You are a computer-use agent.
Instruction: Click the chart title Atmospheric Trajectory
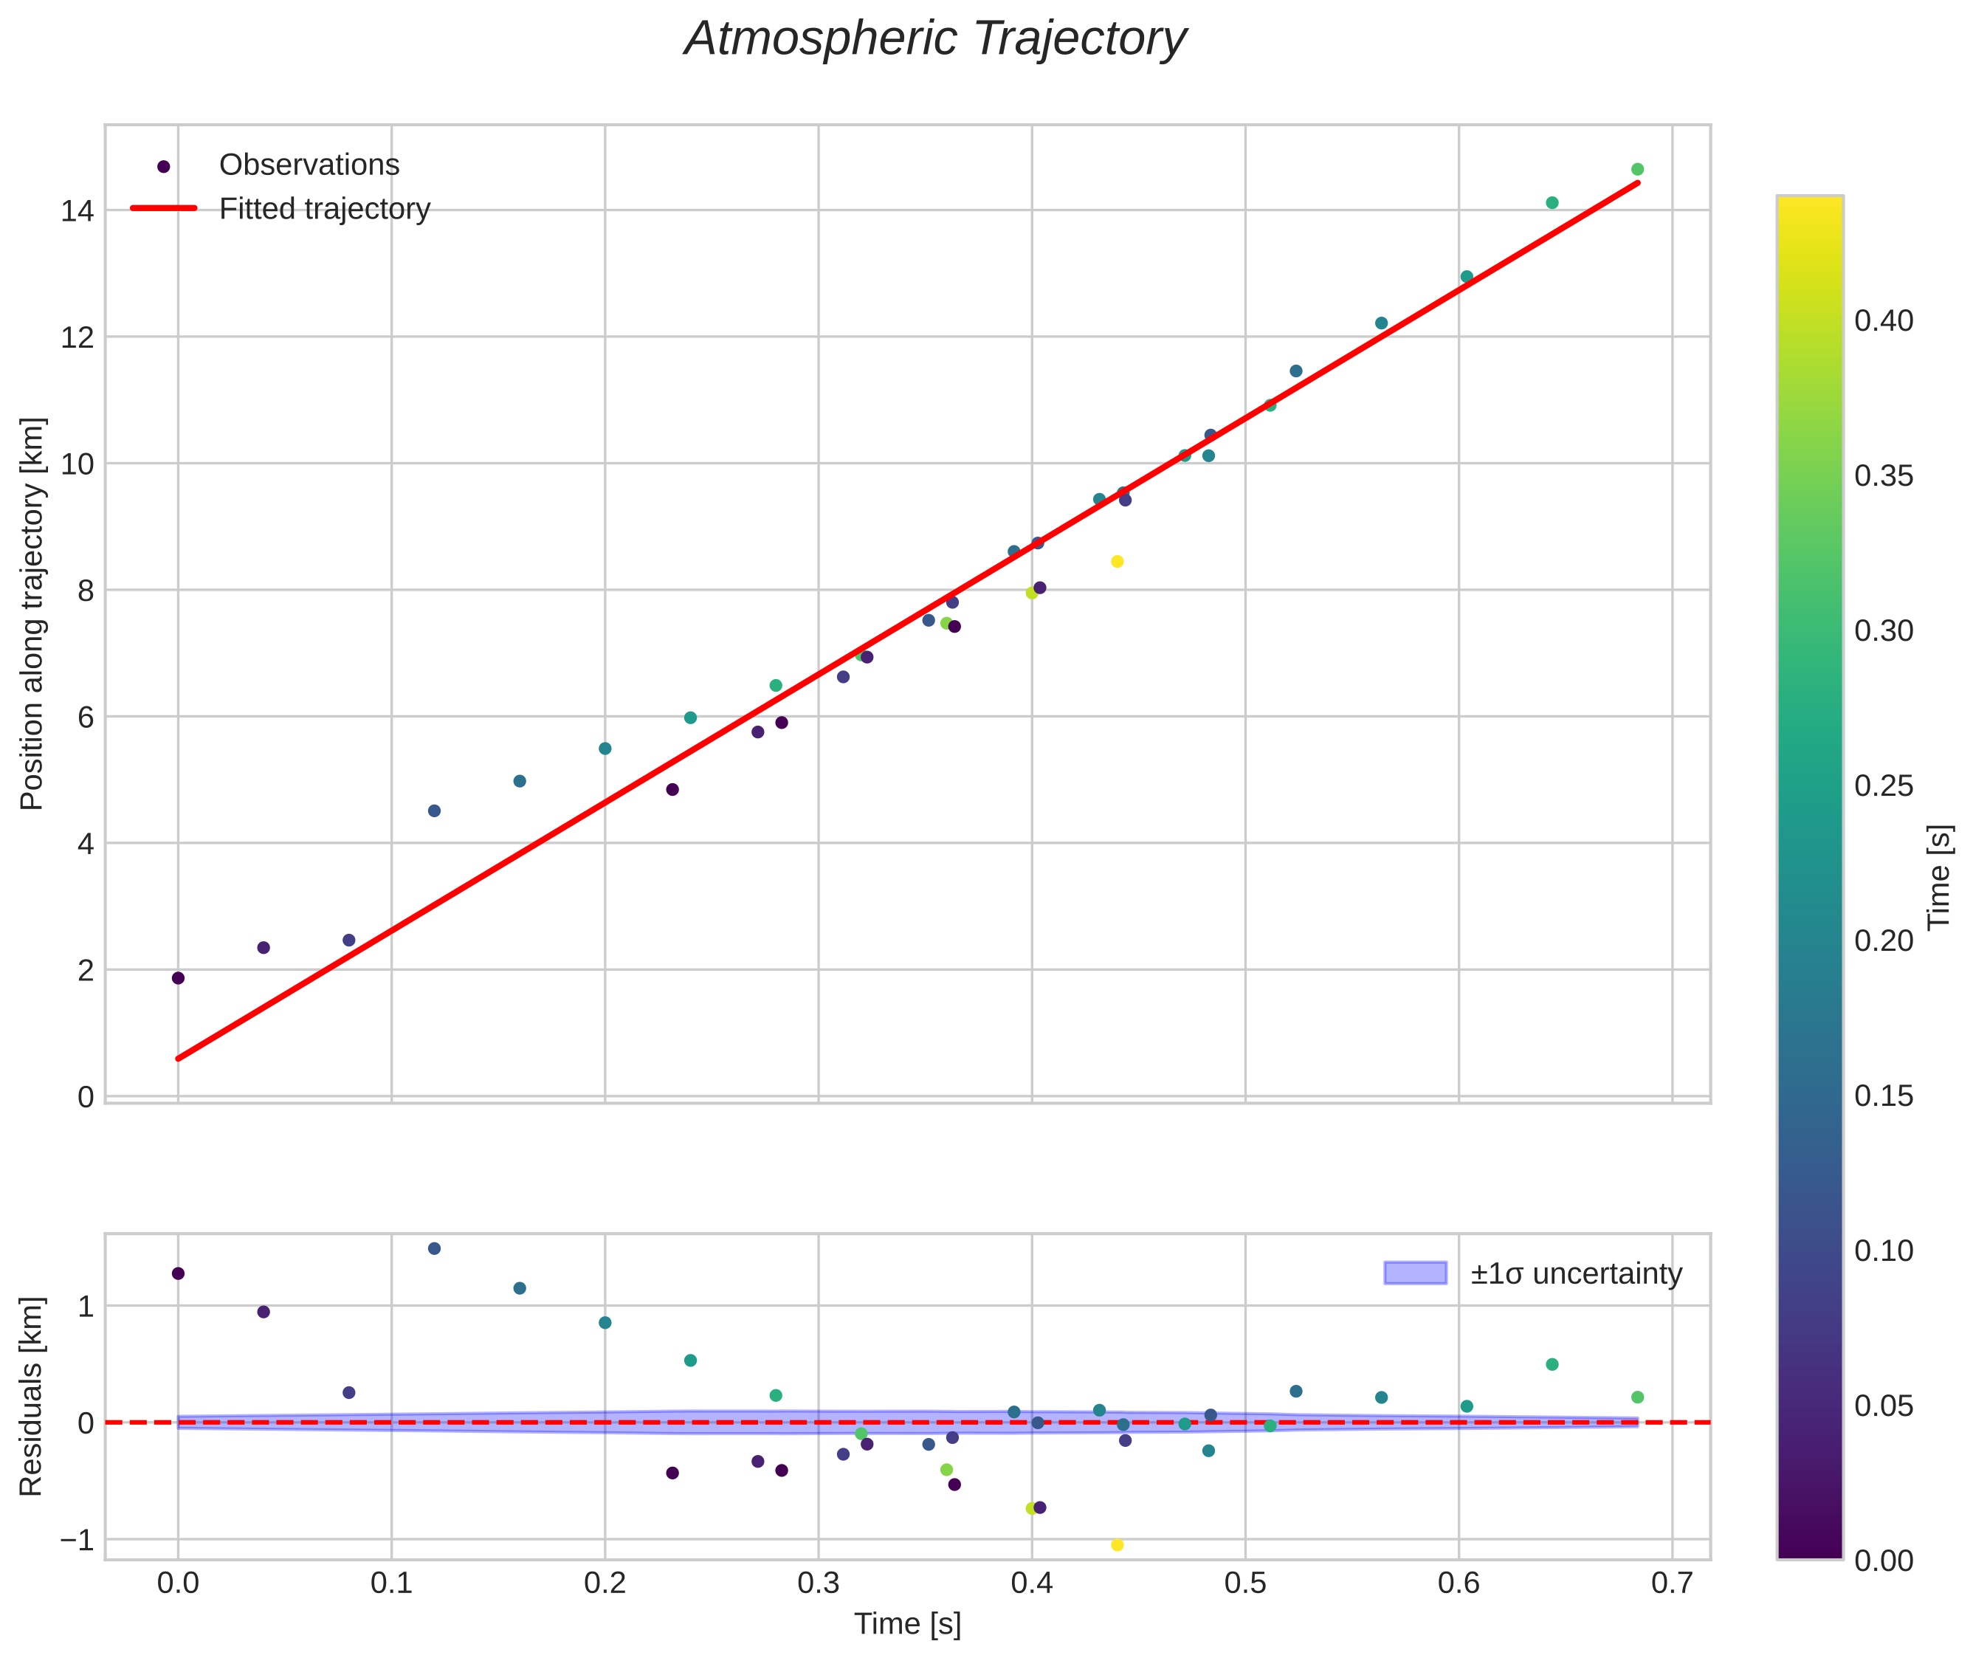935,39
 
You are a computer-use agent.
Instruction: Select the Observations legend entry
309,165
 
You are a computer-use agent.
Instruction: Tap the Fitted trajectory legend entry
323,209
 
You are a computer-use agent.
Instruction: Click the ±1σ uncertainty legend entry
1575,1273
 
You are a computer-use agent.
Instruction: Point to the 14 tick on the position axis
78,210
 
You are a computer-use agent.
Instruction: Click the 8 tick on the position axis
86,591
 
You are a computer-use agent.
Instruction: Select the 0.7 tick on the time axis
1672,1583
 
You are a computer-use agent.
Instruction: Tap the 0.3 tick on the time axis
818,1583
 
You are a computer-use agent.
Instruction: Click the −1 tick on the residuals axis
77,1540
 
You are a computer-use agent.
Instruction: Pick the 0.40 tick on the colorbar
1883,321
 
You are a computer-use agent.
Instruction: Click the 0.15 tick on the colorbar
1883,1096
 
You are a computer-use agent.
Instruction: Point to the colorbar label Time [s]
1940,877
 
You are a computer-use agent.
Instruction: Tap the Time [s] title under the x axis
907,1624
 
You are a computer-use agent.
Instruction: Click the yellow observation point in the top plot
1117,562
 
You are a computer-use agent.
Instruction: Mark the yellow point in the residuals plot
1117,1545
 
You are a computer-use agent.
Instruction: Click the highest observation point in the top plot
1637,169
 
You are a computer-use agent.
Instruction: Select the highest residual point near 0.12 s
434,1248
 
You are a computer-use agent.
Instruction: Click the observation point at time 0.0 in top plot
178,978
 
